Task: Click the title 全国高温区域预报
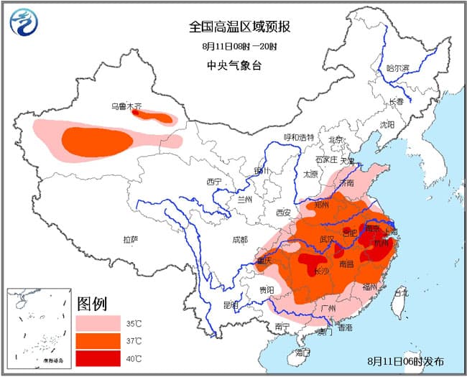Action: pyautogui.click(x=239, y=27)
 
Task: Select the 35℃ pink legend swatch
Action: pyautogui.click(x=98, y=323)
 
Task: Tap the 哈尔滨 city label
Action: pyautogui.click(x=397, y=68)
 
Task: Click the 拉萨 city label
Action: pyautogui.click(x=130, y=238)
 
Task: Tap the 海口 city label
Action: pyautogui.click(x=302, y=353)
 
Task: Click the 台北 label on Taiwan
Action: pyautogui.click(x=401, y=293)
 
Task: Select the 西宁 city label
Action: pyautogui.click(x=214, y=181)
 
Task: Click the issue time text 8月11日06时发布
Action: pyautogui.click(x=405, y=360)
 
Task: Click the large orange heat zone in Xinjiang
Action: pyautogui.click(x=93, y=140)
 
